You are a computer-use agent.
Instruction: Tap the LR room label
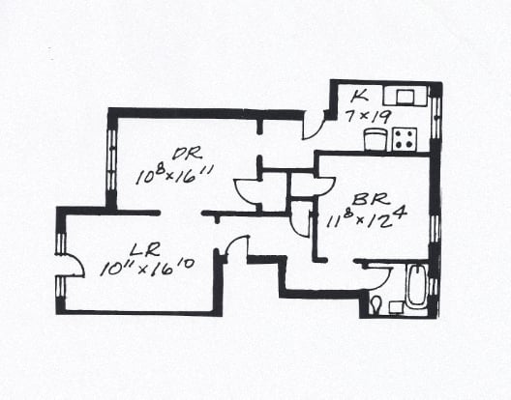[x=145, y=250]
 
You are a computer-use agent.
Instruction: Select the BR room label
[x=371, y=199]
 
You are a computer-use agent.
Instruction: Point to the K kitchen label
[x=360, y=96]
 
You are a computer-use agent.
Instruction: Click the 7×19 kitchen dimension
[x=368, y=116]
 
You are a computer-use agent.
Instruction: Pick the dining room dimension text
[x=174, y=175]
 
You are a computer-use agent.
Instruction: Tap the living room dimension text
[x=147, y=269]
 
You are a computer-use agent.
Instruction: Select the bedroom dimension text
[x=367, y=218]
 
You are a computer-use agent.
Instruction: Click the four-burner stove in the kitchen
[x=405, y=139]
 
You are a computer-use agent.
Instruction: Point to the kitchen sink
[x=406, y=96]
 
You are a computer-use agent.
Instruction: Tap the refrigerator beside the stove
[x=376, y=139]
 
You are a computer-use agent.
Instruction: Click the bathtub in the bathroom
[x=417, y=285]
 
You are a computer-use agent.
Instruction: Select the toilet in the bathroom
[x=376, y=304]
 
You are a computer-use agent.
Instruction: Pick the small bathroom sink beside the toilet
[x=396, y=308]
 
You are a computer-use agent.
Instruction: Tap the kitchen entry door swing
[x=314, y=126]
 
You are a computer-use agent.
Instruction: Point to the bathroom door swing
[x=379, y=277]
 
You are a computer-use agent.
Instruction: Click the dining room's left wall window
[x=111, y=160]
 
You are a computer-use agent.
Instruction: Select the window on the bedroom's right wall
[x=436, y=229]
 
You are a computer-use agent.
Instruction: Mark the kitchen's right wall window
[x=436, y=118]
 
